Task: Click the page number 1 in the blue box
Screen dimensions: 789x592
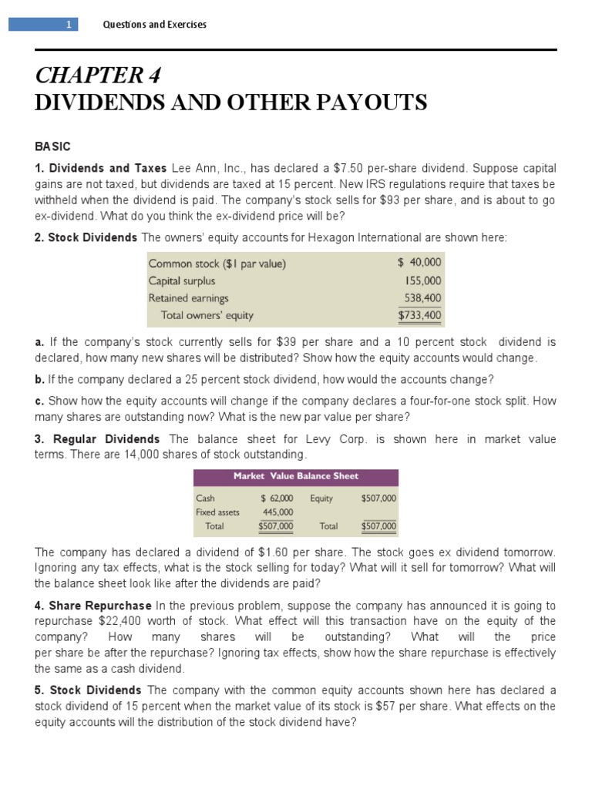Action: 68,25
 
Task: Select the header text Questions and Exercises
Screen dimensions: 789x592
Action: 154,25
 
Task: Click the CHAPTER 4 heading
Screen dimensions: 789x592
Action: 98,77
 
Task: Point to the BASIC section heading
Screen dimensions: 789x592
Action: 52,146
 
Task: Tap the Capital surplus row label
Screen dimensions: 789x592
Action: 182,281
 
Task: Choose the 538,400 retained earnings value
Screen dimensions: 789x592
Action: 423,298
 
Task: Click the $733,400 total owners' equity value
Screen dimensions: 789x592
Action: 420,315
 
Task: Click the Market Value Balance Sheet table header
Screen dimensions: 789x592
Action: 295,476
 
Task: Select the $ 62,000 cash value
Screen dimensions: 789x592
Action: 277,499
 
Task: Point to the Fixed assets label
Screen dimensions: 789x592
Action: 217,512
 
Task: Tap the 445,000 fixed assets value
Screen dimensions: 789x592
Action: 278,512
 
